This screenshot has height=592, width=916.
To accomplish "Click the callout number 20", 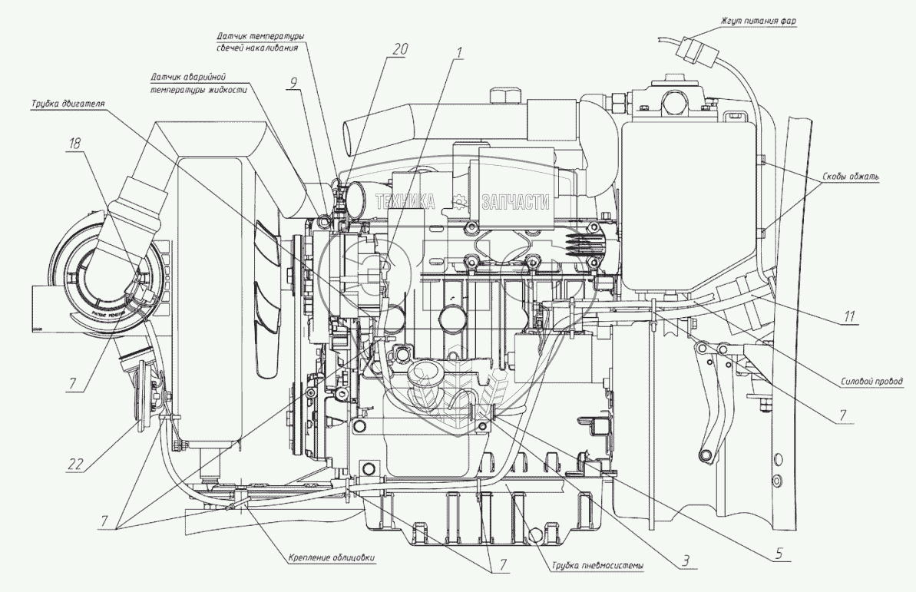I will click(398, 48).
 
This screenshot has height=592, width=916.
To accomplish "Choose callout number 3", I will click(679, 561).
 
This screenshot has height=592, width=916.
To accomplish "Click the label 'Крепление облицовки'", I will click(332, 558).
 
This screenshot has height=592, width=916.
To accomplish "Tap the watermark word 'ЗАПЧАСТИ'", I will click(515, 203).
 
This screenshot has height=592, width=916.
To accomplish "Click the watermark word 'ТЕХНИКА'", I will click(405, 203).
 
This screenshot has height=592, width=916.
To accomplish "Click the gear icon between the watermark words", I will click(461, 203).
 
